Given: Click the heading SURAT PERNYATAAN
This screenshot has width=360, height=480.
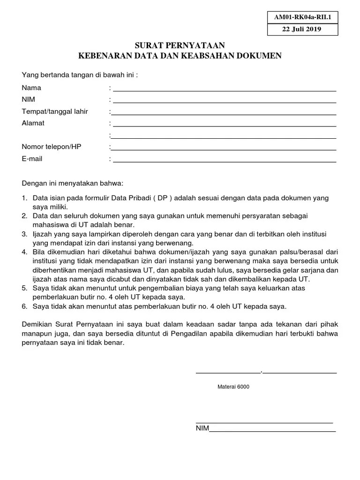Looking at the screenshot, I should (x=180, y=45).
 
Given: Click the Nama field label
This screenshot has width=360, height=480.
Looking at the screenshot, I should (x=31, y=88).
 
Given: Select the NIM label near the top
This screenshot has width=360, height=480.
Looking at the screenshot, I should (x=28, y=99).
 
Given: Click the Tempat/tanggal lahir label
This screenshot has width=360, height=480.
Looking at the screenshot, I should (x=55, y=111).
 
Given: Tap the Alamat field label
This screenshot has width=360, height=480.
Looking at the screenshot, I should (x=33, y=123).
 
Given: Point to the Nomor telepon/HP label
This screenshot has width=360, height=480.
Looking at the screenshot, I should (x=52, y=147).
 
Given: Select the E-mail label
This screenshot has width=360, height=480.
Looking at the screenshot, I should (x=32, y=158).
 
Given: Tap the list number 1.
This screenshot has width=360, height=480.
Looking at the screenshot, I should (x=24, y=198).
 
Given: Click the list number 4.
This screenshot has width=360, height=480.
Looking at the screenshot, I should (x=24, y=252).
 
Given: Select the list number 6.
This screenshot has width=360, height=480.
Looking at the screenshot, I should (x=24, y=306).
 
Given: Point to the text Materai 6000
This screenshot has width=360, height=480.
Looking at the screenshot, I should (x=233, y=387).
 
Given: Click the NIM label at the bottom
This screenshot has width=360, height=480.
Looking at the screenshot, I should (x=202, y=428).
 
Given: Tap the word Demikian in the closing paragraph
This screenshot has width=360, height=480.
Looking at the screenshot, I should (x=37, y=324).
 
